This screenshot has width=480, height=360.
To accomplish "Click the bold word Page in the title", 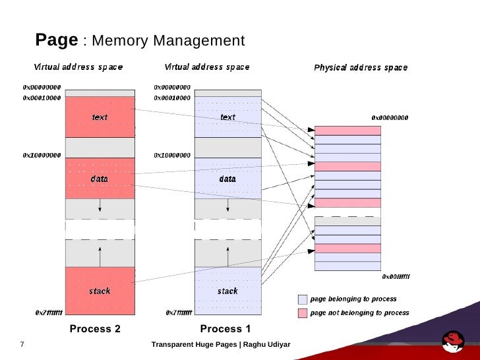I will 56,40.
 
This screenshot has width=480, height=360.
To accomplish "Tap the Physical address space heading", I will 360,68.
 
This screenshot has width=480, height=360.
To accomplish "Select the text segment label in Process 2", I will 100,117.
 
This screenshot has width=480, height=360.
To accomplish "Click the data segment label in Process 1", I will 227,179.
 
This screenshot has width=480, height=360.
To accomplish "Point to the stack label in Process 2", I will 100,291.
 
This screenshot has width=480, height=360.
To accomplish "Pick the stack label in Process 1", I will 227,291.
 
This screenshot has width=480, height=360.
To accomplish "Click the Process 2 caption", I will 95,329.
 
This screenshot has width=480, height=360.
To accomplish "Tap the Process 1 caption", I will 225,329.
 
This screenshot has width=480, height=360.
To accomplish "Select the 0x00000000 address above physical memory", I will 390,117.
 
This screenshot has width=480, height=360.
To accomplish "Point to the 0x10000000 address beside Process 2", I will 42,156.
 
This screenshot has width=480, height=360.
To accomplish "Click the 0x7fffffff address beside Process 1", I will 179,313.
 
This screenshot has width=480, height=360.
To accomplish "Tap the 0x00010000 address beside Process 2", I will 42,98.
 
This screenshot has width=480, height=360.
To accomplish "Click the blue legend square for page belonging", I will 303,299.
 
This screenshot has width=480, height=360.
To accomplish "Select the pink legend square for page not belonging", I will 303,313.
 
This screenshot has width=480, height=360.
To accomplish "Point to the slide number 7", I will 22,345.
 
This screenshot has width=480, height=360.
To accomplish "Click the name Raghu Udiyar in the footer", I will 266,345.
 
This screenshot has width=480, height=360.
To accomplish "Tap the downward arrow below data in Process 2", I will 100,206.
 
